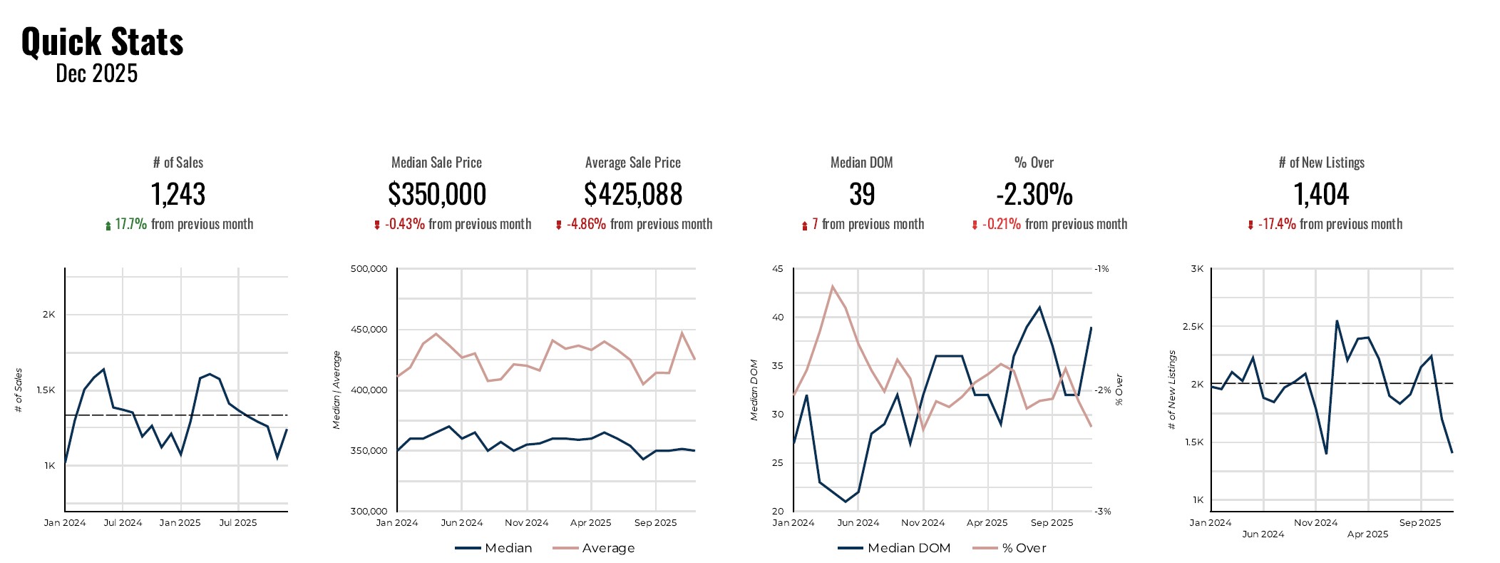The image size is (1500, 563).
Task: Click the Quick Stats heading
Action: (102, 41)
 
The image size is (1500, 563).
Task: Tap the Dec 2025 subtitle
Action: (96, 73)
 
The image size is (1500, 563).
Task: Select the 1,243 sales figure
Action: (178, 194)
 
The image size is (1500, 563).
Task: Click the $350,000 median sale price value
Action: (437, 194)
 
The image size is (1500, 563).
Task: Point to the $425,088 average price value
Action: (633, 194)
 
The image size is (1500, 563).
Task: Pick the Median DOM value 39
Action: (862, 194)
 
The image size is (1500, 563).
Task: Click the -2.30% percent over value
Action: (1034, 194)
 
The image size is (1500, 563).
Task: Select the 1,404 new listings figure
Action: (1321, 194)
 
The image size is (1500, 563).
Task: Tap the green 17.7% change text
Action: (130, 224)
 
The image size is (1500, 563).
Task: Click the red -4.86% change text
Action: (586, 224)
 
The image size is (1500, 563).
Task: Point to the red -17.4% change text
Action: (1277, 224)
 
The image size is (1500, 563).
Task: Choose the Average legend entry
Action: (607, 548)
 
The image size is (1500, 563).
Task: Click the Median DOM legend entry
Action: (908, 548)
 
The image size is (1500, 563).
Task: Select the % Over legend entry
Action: (1024, 548)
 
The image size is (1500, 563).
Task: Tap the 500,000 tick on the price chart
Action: (369, 269)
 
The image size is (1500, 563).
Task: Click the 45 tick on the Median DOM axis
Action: (778, 269)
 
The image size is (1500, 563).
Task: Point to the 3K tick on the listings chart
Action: (1197, 269)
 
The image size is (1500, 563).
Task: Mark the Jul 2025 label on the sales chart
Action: (238, 522)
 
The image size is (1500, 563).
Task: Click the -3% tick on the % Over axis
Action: (1103, 511)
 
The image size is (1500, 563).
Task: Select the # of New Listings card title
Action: (1321, 163)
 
